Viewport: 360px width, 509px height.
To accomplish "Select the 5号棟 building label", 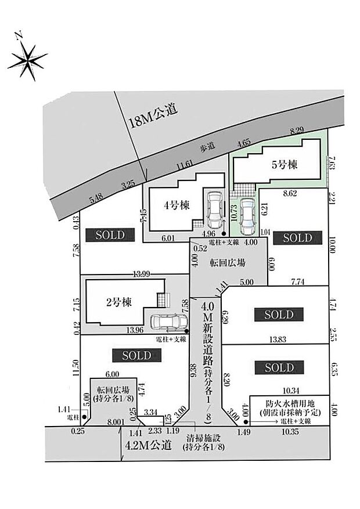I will (285, 165).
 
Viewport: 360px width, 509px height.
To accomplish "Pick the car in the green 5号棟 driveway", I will (247, 214).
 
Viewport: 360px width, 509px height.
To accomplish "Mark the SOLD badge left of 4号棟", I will (110, 234).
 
